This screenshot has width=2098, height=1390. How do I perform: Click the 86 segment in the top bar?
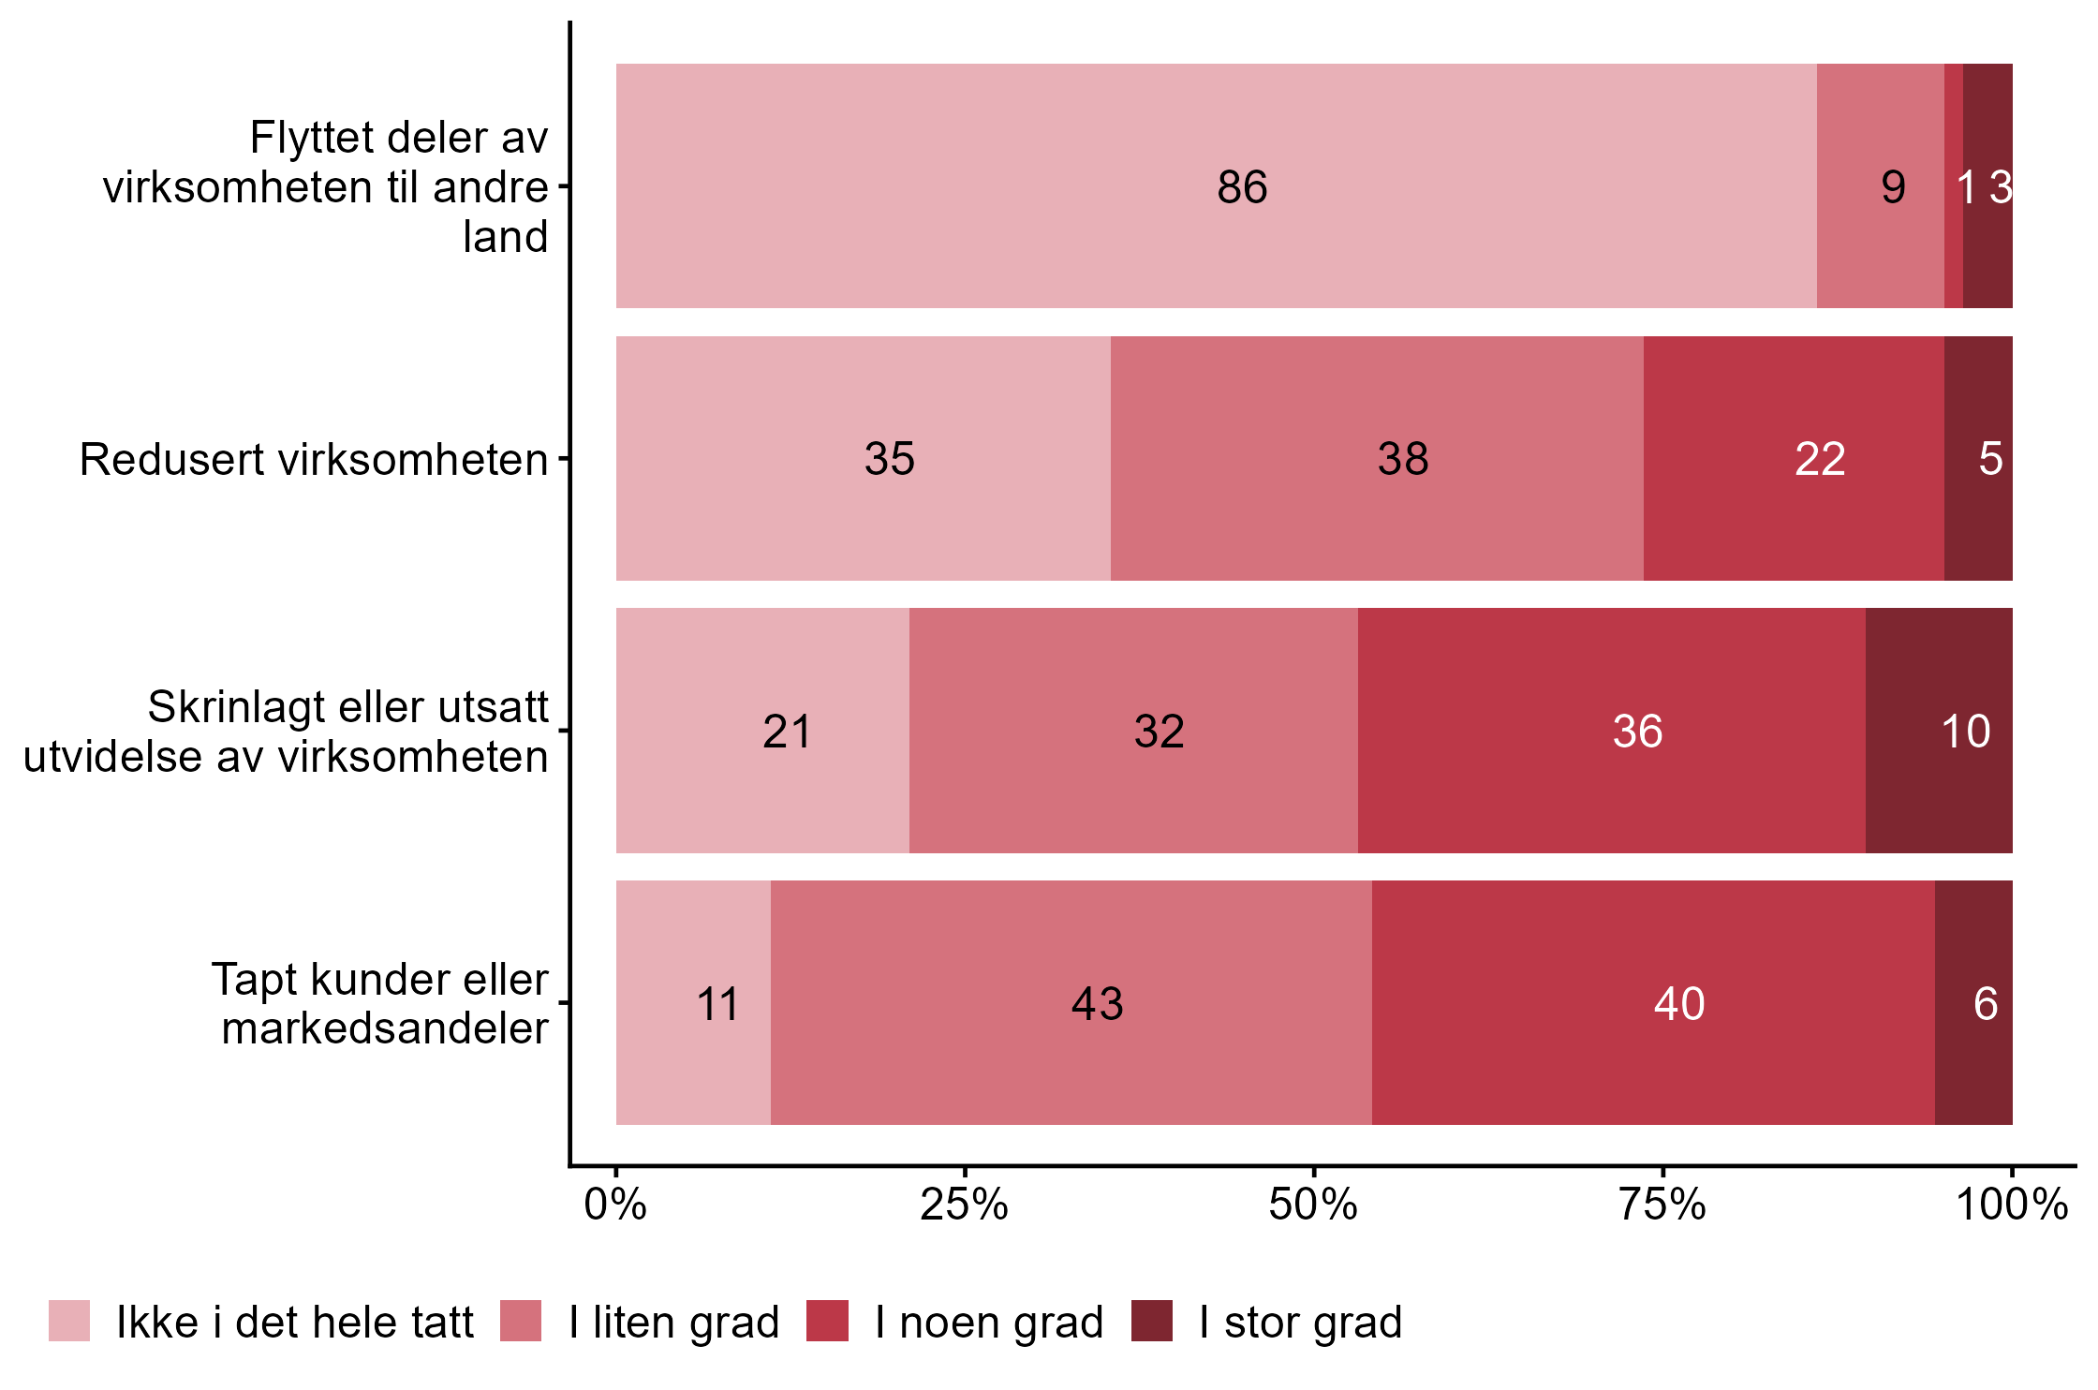point(1216,185)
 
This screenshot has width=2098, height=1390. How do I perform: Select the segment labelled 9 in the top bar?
point(1880,185)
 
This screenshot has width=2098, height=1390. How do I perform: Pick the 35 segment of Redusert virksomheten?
point(863,458)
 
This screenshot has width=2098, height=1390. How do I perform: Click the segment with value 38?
point(1377,458)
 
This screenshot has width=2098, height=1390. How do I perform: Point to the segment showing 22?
point(1794,458)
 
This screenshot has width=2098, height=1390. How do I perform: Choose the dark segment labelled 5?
point(1978,458)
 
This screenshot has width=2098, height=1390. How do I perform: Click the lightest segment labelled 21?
point(762,731)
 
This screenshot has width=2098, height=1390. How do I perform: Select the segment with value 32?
point(1133,731)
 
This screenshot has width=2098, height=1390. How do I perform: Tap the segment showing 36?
point(1611,731)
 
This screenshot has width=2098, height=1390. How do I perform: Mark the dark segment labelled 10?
point(1939,731)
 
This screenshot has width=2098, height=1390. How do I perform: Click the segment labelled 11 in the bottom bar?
point(693,1002)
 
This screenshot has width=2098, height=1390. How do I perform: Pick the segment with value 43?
point(1071,1002)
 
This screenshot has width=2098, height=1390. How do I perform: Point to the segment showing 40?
point(1653,1002)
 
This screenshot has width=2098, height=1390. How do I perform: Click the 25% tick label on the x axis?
point(964,1205)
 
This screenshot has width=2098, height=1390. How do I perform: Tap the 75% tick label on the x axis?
point(1662,1205)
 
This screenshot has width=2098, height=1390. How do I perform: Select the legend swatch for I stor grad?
point(1151,1321)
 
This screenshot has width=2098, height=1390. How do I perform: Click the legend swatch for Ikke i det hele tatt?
point(69,1321)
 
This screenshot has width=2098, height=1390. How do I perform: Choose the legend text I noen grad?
point(989,1323)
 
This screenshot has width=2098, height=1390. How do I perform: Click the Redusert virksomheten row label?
point(314,460)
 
